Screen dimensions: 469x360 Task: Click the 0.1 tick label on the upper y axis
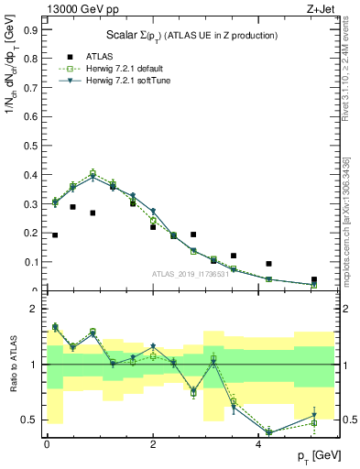click(x=29, y=262)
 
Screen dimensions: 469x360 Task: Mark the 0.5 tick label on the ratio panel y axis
click(x=29, y=420)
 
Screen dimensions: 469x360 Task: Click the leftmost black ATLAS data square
click(x=55, y=235)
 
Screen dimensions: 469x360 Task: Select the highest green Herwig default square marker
click(x=93, y=172)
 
